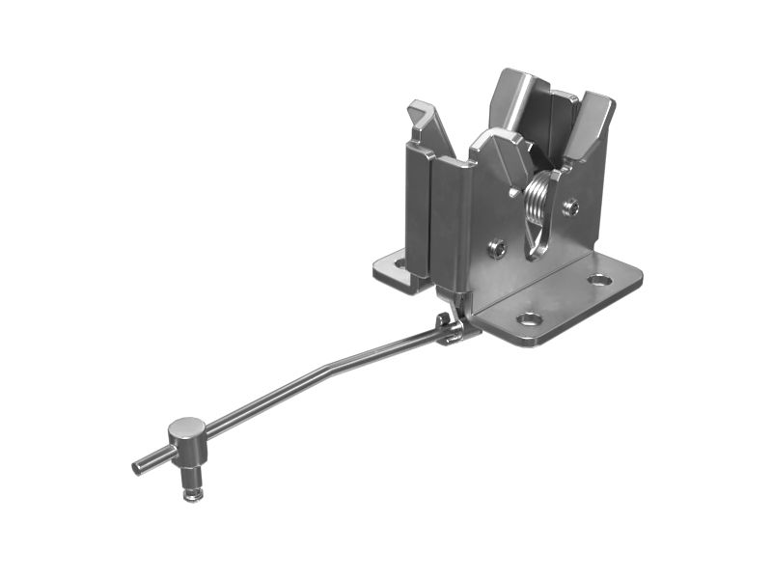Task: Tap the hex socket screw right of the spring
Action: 571,207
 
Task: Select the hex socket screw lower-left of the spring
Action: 497,248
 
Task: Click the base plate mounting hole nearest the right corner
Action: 599,280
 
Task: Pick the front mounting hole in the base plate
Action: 528,318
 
